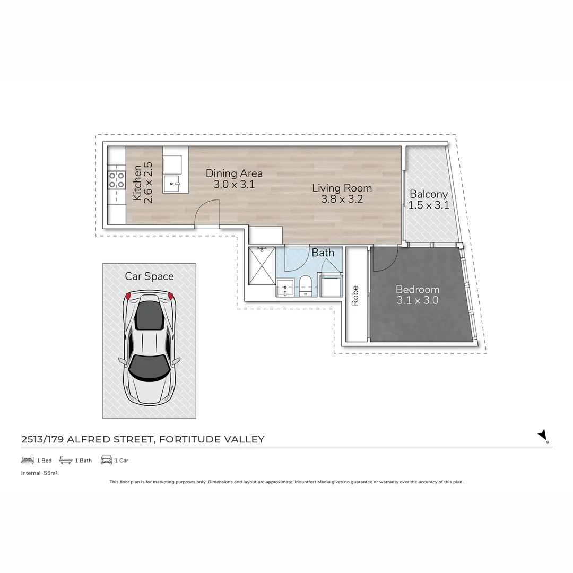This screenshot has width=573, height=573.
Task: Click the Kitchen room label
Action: click(137, 183)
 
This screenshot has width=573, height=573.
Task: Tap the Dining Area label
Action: click(234, 173)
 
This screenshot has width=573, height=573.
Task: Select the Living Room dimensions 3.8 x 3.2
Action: click(342, 199)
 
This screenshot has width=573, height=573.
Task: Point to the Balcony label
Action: click(429, 195)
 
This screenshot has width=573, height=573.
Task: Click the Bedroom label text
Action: click(418, 290)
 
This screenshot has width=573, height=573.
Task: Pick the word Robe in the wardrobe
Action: click(355, 296)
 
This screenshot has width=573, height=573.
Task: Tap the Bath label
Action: click(323, 253)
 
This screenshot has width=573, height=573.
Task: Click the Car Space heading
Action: click(149, 276)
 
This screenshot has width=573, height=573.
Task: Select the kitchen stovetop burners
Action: click(116, 180)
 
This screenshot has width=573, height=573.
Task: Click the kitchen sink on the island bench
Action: click(172, 185)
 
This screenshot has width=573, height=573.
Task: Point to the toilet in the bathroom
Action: click(305, 285)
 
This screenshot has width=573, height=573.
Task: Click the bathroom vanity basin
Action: click(285, 288)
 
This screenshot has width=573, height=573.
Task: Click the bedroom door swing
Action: click(385, 260)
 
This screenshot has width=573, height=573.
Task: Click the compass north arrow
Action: click(543, 436)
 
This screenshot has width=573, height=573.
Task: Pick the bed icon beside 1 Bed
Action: click(28, 460)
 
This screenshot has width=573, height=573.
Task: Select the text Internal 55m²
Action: click(39, 473)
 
